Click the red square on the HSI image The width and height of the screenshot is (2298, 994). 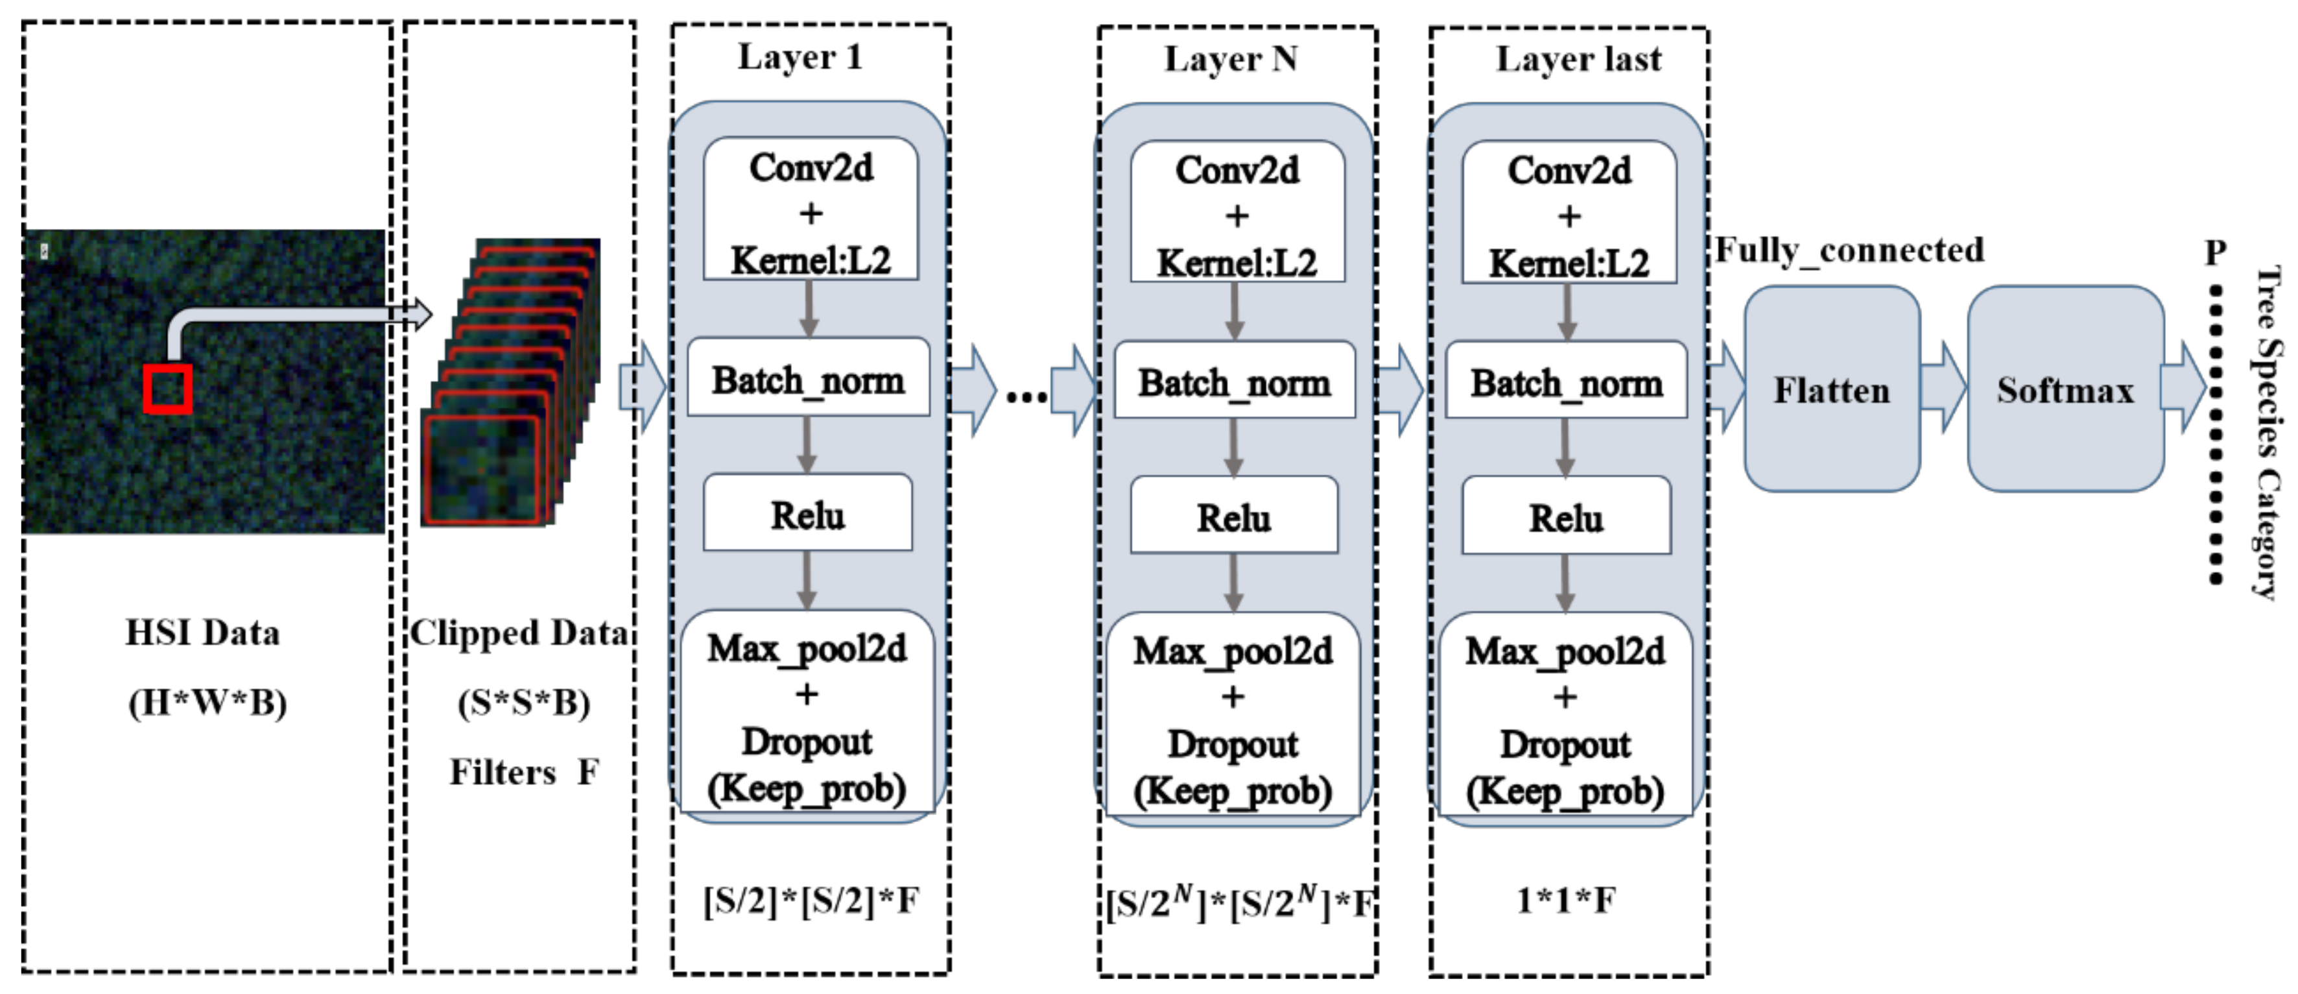(168, 389)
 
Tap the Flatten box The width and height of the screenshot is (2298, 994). (1831, 390)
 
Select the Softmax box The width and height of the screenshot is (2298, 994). (2065, 390)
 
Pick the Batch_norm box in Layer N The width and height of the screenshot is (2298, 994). (1235, 382)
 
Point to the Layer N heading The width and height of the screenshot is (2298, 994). (1231, 59)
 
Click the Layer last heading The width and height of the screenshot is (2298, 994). (1578, 59)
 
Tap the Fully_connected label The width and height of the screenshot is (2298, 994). (1849, 250)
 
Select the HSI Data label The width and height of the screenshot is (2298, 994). (202, 632)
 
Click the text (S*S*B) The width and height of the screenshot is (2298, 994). (524, 703)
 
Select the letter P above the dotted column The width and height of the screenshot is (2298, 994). (2215, 252)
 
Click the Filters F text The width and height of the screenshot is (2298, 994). (524, 772)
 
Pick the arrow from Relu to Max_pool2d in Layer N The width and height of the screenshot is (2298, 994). (1234, 582)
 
